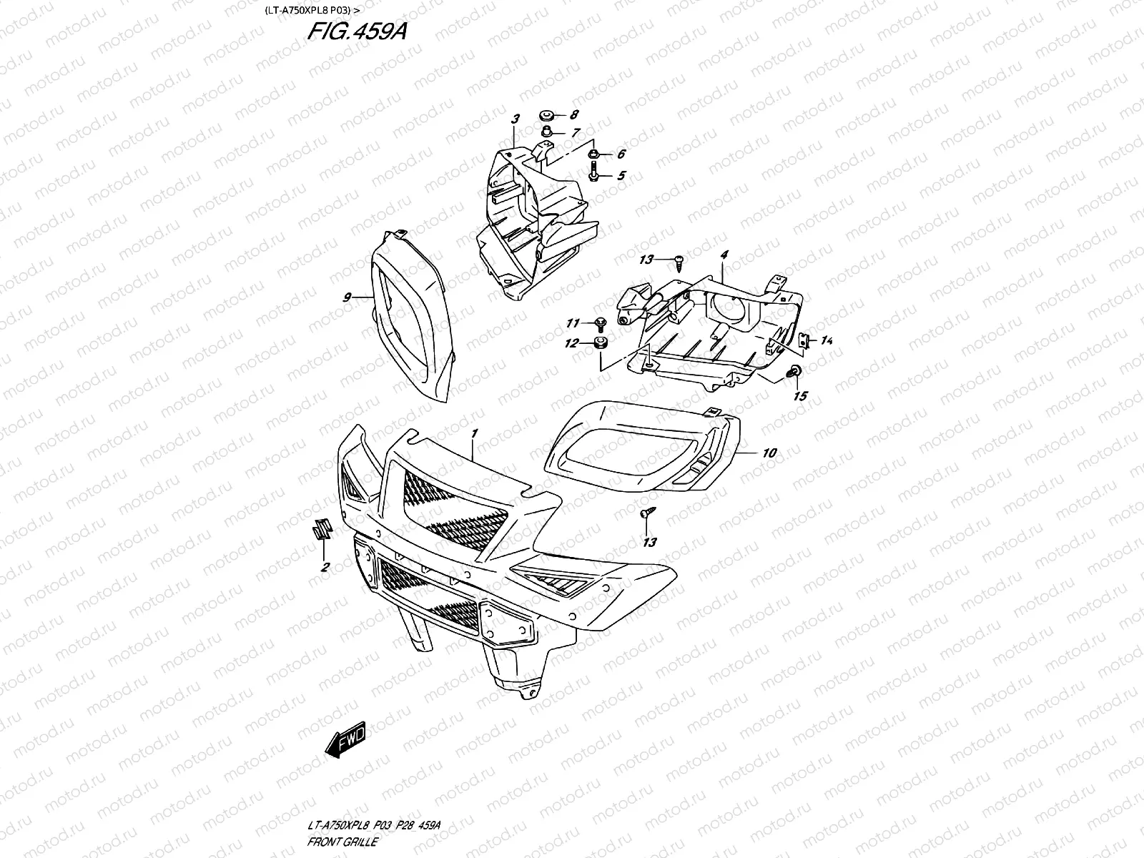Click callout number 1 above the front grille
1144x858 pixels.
(x=473, y=434)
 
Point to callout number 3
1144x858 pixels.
(x=514, y=119)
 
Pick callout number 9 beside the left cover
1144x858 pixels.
(x=347, y=297)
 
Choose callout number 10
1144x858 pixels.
(x=769, y=453)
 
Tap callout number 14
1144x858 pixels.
(x=827, y=341)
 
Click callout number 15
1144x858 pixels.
(x=801, y=395)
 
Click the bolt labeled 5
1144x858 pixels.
(x=594, y=174)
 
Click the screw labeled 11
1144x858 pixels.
(x=600, y=324)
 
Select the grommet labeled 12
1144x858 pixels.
(x=600, y=344)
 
